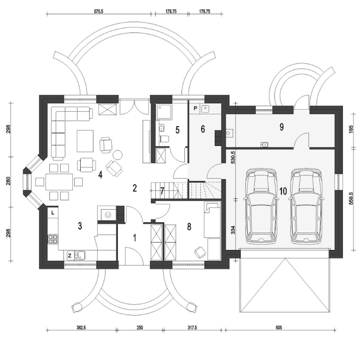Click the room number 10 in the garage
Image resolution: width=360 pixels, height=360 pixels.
(283, 191)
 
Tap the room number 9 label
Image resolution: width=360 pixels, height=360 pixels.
(282, 127)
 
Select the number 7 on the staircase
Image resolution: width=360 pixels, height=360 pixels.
(162, 191)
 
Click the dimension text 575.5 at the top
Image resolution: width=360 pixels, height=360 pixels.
(98, 12)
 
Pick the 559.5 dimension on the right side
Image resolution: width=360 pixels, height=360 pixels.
(351, 199)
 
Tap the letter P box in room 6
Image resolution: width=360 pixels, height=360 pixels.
(195, 108)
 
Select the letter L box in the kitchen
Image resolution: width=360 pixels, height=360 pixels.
(53, 213)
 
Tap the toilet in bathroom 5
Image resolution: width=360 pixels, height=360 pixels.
(165, 139)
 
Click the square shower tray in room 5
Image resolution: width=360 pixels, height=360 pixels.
(164, 112)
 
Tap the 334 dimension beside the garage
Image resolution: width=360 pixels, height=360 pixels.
(233, 230)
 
